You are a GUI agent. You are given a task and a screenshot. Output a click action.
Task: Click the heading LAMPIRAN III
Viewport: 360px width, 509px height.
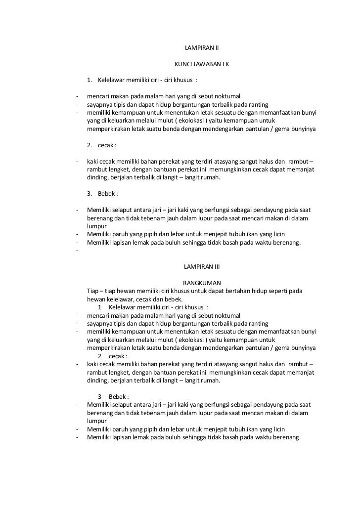(201, 266)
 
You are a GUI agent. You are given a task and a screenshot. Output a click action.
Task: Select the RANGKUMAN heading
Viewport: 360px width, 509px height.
(201, 283)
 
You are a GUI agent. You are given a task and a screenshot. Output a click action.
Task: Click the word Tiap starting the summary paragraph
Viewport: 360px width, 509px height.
(92, 291)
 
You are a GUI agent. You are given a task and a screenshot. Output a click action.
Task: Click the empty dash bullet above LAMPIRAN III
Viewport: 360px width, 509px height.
(78, 251)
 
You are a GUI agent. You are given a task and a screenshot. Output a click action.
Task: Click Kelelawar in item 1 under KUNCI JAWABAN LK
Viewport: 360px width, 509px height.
(113, 80)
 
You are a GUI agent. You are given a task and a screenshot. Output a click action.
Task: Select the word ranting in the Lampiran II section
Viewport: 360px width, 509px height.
(257, 105)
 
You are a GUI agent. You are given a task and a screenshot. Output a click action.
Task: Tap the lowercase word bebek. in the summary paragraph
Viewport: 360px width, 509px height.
(173, 299)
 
